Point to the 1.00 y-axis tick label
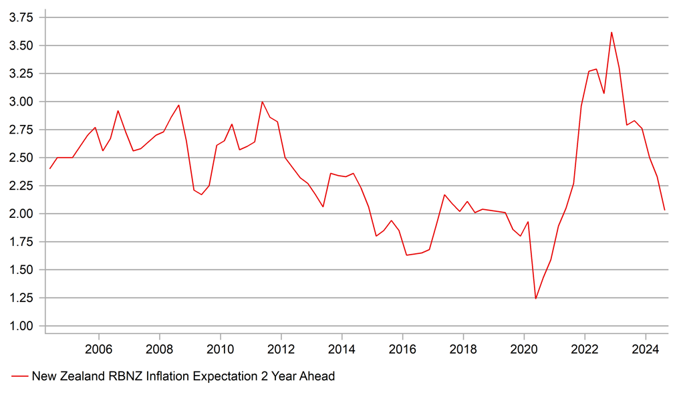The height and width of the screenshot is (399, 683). click(x=21, y=325)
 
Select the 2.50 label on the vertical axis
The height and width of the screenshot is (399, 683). click(x=21, y=158)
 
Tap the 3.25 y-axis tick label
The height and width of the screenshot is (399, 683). click(x=21, y=74)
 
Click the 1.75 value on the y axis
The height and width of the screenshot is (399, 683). click(x=21, y=241)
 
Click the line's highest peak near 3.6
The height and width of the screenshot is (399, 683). click(x=611, y=32)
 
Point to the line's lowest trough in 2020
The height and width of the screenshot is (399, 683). click(x=535, y=299)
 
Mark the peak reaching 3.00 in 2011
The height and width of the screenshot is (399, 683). click(x=262, y=102)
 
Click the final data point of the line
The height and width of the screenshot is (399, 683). click(x=665, y=210)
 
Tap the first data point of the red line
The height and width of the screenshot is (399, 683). click(x=49, y=168)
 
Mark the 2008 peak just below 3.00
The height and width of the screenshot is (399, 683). click(x=178, y=105)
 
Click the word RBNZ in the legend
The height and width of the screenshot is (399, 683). click(x=130, y=376)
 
